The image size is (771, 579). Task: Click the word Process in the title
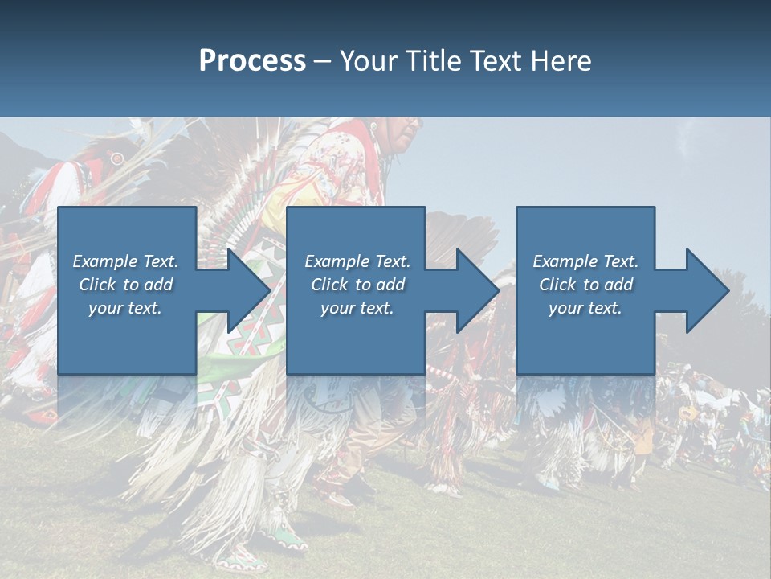click(x=252, y=61)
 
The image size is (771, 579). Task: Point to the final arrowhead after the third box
click(x=706, y=290)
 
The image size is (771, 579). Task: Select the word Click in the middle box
click(x=329, y=285)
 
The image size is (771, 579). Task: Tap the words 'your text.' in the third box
click(x=585, y=308)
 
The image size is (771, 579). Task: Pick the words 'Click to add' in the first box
click(x=126, y=285)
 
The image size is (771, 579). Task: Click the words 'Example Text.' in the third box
click(x=585, y=261)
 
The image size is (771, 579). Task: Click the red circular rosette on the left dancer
click(x=118, y=158)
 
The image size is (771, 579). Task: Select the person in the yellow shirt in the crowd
click(x=642, y=438)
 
